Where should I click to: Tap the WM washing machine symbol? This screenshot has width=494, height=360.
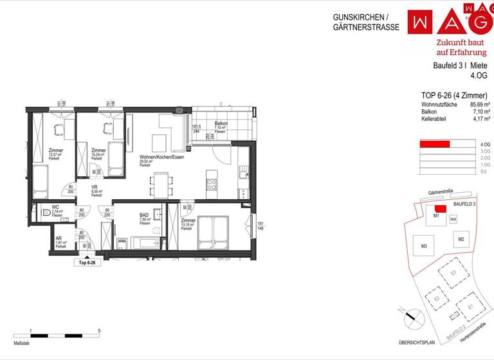coord(122,242)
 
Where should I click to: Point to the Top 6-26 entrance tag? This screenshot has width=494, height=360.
coord(87,262)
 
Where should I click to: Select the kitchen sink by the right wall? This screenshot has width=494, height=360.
coord(242,173)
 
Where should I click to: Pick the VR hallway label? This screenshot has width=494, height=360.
coord(95,186)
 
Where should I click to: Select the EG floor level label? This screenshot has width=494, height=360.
coord(483,171)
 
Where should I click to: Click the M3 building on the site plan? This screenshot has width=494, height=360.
coord(425,246)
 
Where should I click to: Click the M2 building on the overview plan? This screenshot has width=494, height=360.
coord(461,239)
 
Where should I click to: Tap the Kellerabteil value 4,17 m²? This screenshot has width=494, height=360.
coord(480,118)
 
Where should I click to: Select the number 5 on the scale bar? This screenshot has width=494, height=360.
coord(98,330)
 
